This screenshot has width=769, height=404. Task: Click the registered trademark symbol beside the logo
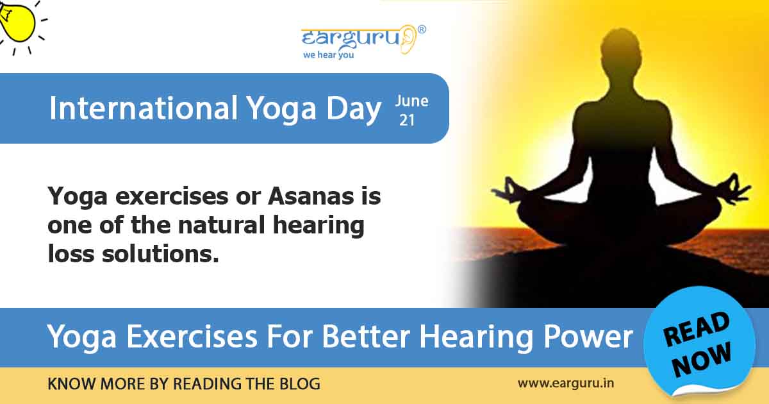[422, 29]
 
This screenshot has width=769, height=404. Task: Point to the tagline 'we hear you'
[329, 55]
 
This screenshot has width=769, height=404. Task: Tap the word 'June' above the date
[411, 101]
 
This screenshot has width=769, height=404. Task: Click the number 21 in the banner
[406, 120]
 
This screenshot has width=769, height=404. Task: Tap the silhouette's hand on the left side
[506, 190]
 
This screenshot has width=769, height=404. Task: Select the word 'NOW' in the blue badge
[702, 358]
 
